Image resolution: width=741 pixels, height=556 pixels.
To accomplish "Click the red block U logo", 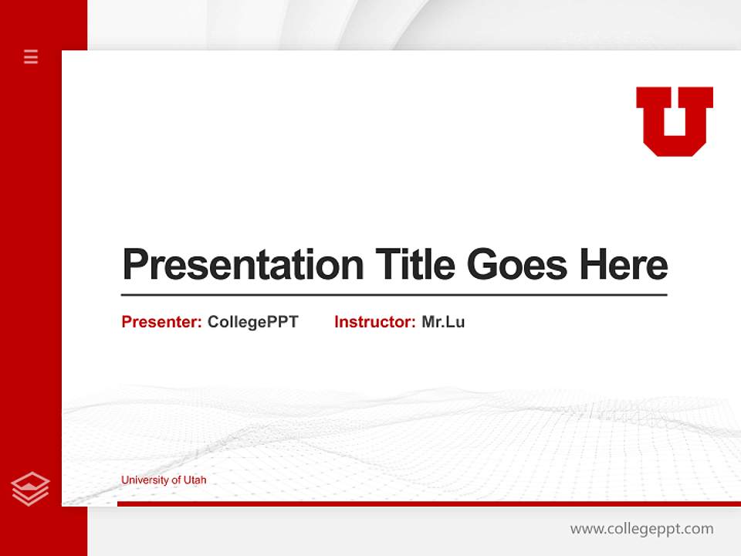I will pyautogui.click(x=674, y=120).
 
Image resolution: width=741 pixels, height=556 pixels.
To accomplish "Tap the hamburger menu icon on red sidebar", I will pyautogui.click(x=31, y=56).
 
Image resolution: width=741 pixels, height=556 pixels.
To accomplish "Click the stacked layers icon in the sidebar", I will pyautogui.click(x=30, y=489).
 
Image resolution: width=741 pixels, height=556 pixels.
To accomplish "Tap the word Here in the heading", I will pyautogui.click(x=624, y=265).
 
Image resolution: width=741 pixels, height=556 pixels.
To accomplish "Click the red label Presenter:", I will pyautogui.click(x=161, y=322).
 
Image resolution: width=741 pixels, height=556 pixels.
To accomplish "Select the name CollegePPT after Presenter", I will pyautogui.click(x=252, y=322).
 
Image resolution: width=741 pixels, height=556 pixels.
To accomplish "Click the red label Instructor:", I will pyautogui.click(x=374, y=322).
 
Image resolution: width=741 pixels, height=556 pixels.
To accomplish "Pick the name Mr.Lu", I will pyautogui.click(x=443, y=322).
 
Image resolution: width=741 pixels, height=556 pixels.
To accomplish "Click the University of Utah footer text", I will pyautogui.click(x=164, y=480).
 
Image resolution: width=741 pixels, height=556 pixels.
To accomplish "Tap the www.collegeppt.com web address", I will pyautogui.click(x=641, y=529).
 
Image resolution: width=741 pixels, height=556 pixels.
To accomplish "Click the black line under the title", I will pyautogui.click(x=394, y=295).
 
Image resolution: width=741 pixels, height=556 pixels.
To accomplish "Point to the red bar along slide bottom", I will pyautogui.click(x=428, y=503).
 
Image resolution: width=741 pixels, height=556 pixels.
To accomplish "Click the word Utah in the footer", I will pyautogui.click(x=195, y=480).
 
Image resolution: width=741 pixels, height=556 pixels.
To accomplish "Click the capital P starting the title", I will pyautogui.click(x=134, y=265).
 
